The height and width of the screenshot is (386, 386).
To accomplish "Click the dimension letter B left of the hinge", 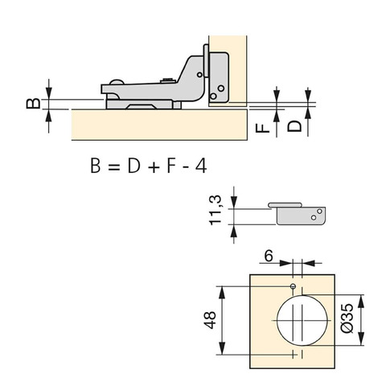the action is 34,104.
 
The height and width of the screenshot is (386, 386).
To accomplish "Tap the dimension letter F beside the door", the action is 262,128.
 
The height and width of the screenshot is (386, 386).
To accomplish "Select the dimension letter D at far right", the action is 294,126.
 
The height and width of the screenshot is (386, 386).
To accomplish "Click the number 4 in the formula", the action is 201,166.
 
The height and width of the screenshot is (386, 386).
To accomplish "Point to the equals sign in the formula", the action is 113,167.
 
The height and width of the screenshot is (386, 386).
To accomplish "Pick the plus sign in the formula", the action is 154,167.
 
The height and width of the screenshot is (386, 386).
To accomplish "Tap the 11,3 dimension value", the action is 216,211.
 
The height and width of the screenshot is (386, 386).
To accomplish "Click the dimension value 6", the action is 269,257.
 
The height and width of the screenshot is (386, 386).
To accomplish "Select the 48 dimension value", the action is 210,320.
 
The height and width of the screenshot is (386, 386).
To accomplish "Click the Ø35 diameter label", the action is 347,318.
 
